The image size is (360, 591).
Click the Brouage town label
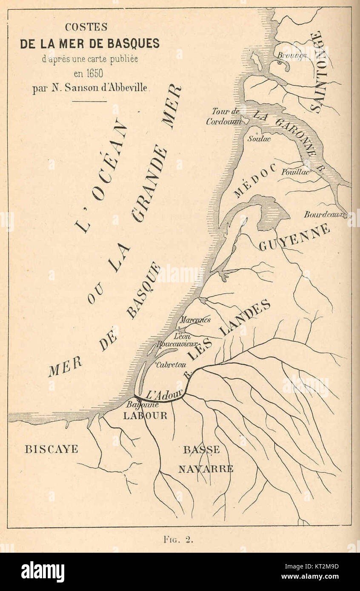pyautogui.click(x=292, y=55)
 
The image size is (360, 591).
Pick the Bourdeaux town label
pyautogui.click(x=325, y=215)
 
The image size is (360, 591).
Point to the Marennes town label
pyautogui.click(x=194, y=320)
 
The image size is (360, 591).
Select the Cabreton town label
pyautogui.click(x=171, y=364)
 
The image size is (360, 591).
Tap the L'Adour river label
pyautogui.click(x=164, y=394)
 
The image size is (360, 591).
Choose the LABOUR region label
pyautogui.click(x=145, y=416)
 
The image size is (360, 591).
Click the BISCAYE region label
pyautogui.click(x=51, y=449)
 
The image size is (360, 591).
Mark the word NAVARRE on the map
pyautogui.click(x=206, y=469)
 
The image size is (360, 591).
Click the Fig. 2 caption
pyautogui.click(x=179, y=540)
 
